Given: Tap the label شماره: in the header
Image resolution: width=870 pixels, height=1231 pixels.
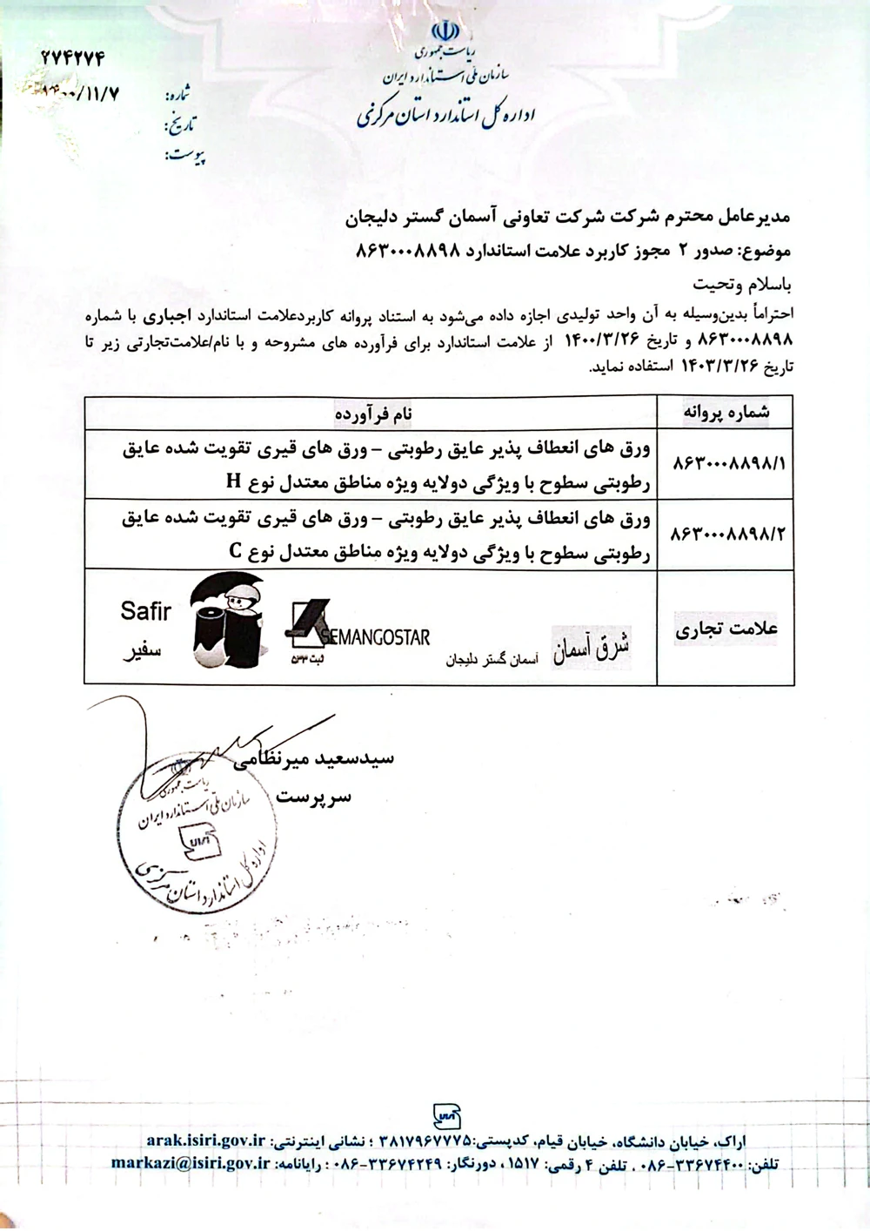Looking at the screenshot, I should click(183, 93).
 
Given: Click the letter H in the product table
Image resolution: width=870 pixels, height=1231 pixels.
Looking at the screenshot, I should click(232, 480).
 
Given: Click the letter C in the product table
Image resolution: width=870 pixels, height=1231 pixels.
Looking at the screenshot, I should click(235, 551).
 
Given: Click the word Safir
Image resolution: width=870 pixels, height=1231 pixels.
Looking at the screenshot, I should click(146, 611).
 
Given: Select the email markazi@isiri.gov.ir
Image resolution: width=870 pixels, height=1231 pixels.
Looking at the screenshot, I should click(191, 1163).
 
